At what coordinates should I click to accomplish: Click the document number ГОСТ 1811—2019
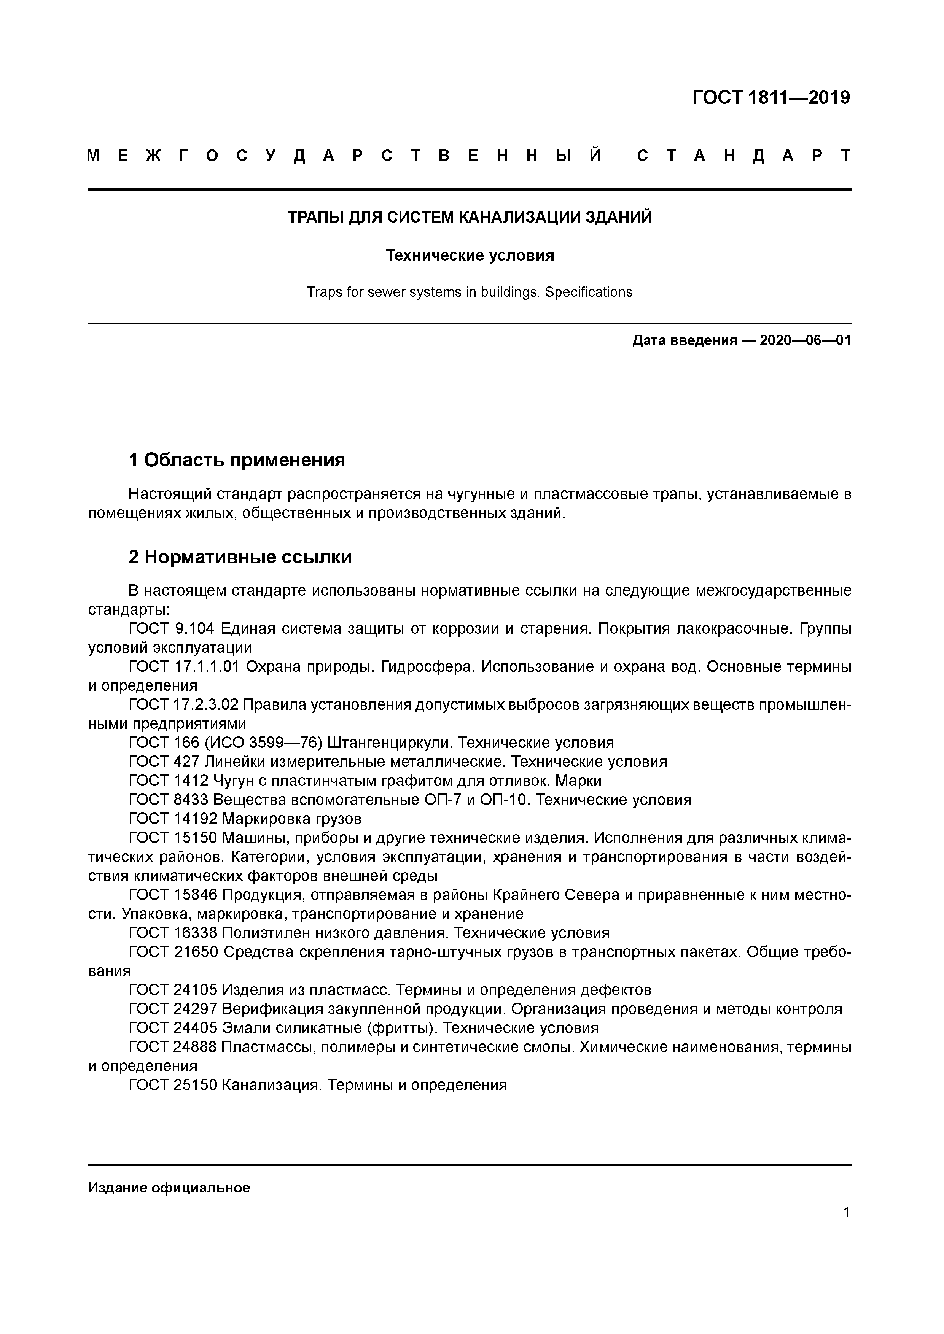[x=771, y=98]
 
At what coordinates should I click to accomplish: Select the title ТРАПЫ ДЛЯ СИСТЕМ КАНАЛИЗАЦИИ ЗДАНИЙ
[x=470, y=217]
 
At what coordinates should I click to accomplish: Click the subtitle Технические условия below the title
[x=470, y=256]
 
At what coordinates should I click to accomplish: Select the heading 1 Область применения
[x=237, y=460]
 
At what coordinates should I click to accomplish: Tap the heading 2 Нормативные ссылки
[x=240, y=557]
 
